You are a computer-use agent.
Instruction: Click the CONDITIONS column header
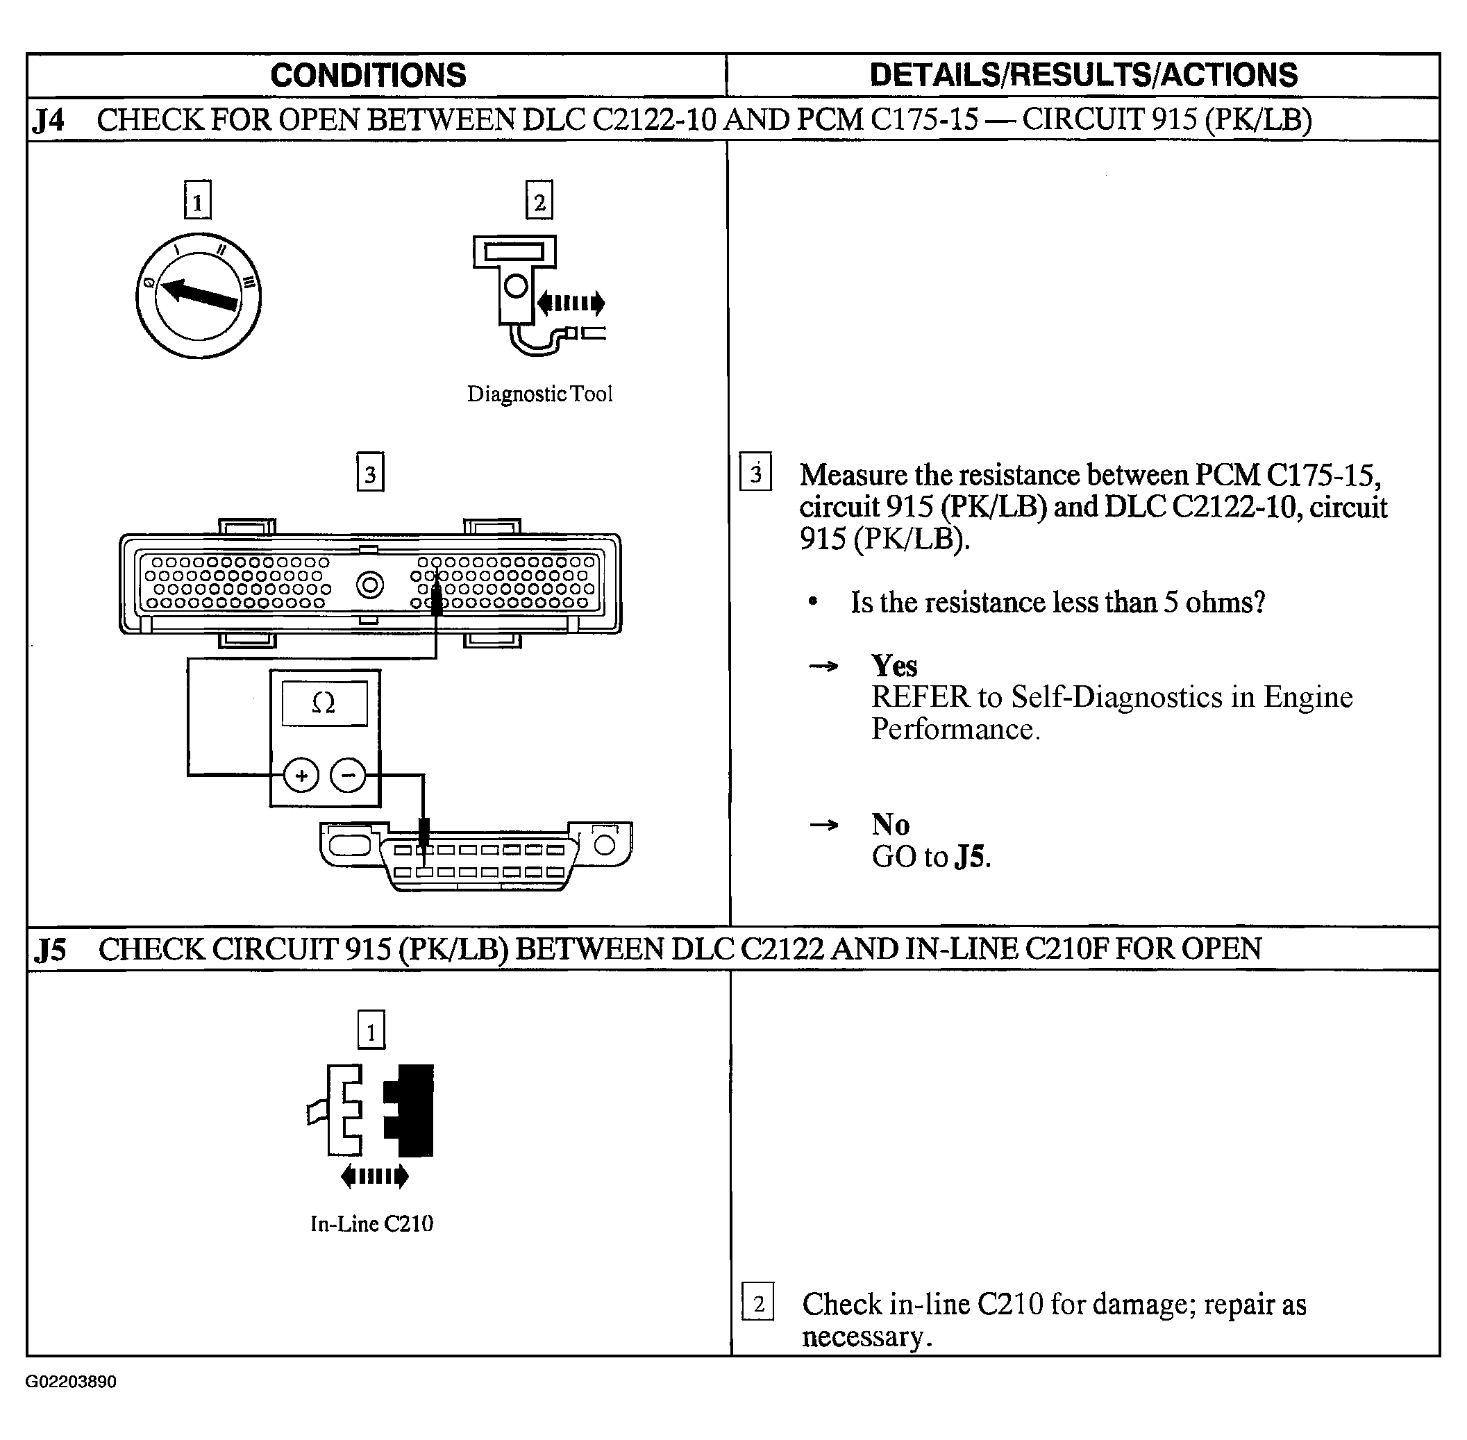pyautogui.click(x=367, y=76)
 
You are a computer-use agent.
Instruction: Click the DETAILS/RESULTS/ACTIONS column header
pyautogui.click(x=1083, y=76)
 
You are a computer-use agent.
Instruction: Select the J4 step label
pyautogui.click(x=49, y=120)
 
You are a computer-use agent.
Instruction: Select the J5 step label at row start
pyautogui.click(x=50, y=950)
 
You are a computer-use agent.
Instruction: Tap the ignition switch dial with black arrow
pyautogui.click(x=199, y=296)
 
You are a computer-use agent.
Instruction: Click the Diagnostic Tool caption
pyautogui.click(x=539, y=394)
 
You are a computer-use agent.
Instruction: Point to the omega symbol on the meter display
pyautogui.click(x=324, y=703)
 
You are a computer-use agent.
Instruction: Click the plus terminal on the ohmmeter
pyautogui.click(x=301, y=776)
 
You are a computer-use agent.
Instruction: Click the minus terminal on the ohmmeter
pyautogui.click(x=348, y=776)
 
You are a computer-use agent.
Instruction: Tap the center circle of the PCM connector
pyautogui.click(x=370, y=585)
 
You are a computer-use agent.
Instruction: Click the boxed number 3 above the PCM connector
pyautogui.click(x=370, y=474)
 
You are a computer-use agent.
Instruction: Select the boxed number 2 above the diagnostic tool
pyautogui.click(x=539, y=201)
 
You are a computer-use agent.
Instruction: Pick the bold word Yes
pyautogui.click(x=894, y=667)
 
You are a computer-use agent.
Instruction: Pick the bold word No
pyautogui.click(x=890, y=824)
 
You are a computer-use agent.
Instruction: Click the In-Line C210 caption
pyautogui.click(x=371, y=1223)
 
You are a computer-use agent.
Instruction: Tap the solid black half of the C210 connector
pyautogui.click(x=412, y=1110)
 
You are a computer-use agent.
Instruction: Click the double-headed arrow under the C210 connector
pyautogui.click(x=374, y=1176)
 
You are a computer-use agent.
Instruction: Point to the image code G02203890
pyautogui.click(x=71, y=1382)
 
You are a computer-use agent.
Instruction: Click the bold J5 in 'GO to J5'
pyautogui.click(x=969, y=857)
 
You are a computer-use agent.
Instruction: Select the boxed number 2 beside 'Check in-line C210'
pyautogui.click(x=757, y=1304)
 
